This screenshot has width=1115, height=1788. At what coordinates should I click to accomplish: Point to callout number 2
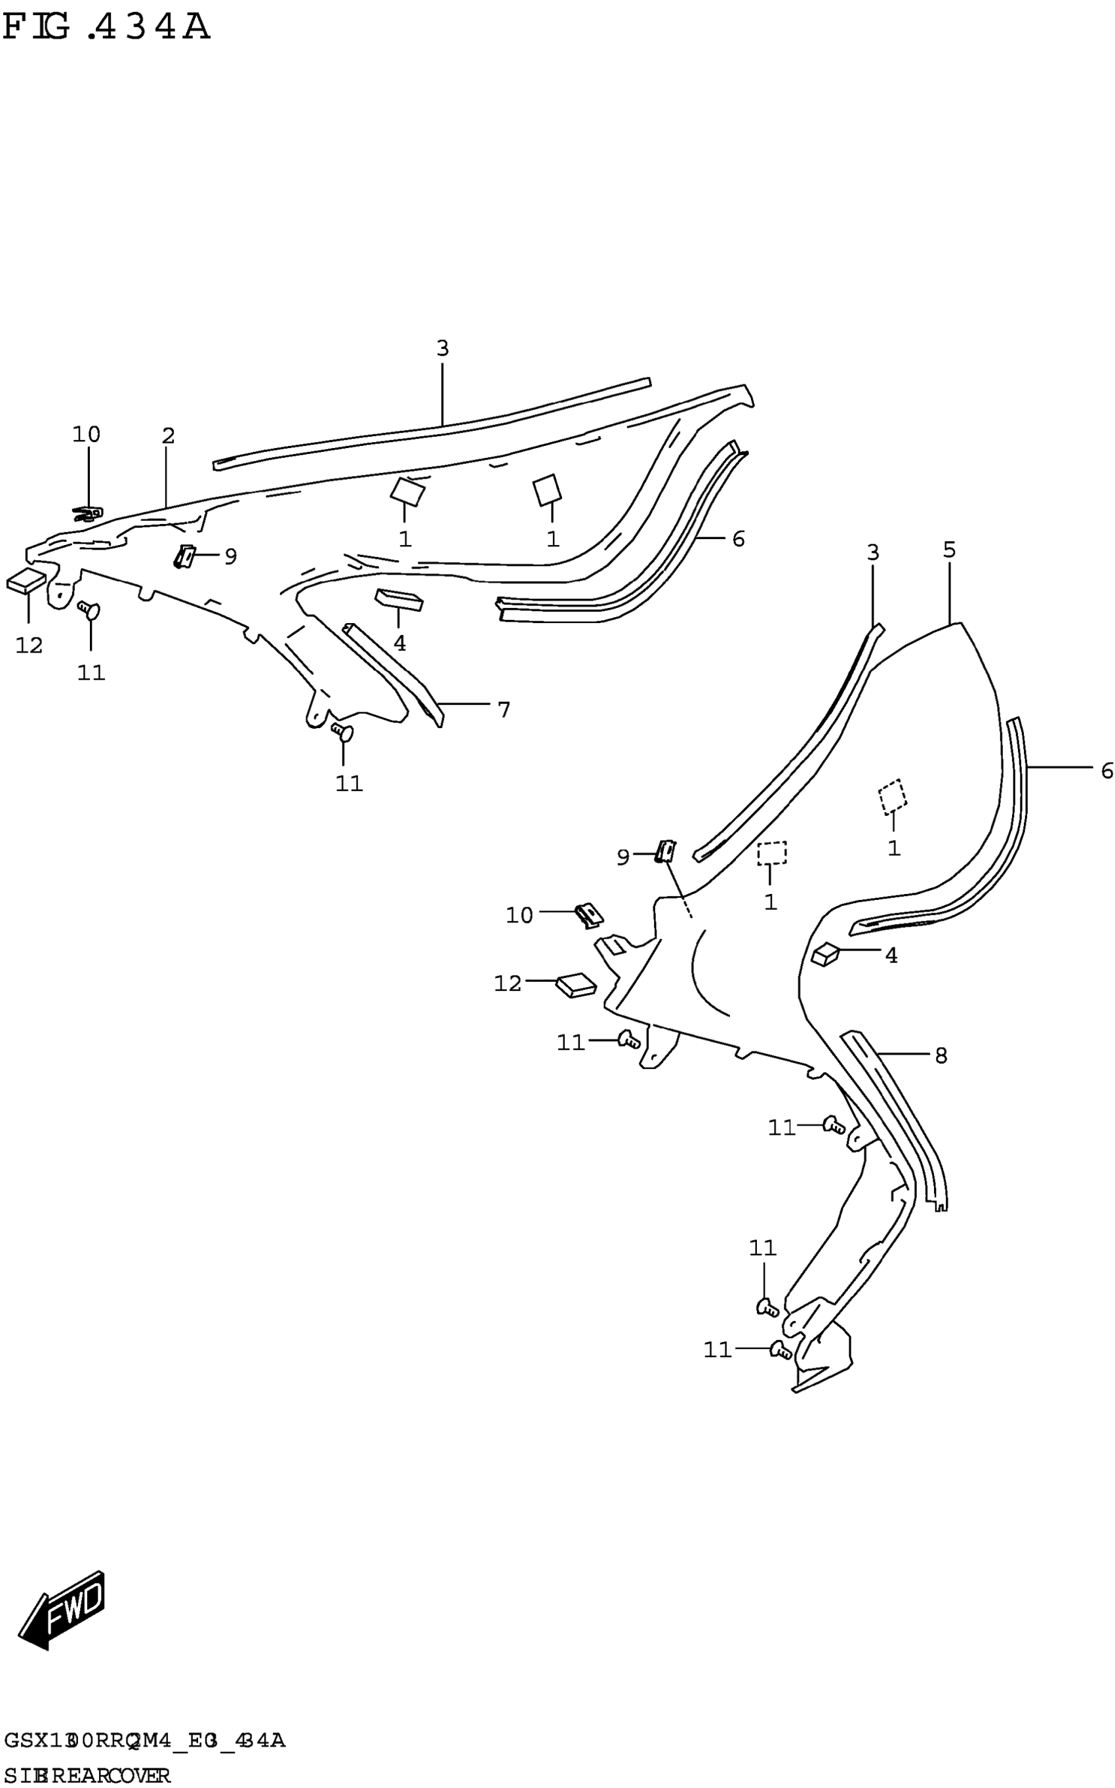click(168, 436)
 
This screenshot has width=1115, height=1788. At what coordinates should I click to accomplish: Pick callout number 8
click(941, 1056)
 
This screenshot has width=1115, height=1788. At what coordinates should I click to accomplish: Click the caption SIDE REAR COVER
click(87, 1776)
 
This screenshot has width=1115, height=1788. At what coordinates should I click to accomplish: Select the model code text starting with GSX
click(144, 1741)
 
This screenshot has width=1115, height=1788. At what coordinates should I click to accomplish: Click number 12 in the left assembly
click(30, 645)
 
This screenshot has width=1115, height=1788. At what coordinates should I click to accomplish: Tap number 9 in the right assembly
click(623, 857)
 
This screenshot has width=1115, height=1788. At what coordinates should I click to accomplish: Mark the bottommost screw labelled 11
click(780, 1350)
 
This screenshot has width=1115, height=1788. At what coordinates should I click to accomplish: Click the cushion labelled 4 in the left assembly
click(399, 599)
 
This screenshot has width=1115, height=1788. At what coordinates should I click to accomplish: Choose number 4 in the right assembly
click(891, 956)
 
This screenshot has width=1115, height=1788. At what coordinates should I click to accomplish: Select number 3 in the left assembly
click(443, 348)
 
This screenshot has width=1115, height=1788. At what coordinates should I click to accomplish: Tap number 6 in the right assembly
click(1106, 771)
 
